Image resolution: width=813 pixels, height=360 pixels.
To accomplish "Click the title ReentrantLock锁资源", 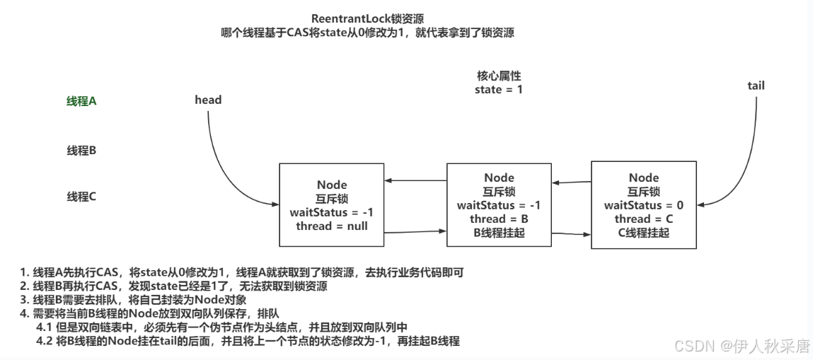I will [372, 18].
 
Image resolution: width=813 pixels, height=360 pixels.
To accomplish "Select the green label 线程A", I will [81, 101].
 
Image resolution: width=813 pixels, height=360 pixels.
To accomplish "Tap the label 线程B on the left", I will [81, 150].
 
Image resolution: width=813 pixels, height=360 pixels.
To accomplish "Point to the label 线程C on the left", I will [81, 197].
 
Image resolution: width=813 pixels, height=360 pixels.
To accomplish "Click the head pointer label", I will [208, 100].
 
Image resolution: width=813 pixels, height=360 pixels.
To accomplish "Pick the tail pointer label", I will [756, 86].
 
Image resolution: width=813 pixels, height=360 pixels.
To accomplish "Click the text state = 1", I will [499, 89].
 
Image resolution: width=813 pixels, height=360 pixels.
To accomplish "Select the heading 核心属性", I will [499, 76].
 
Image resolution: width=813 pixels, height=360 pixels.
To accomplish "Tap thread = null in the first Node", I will [332, 226].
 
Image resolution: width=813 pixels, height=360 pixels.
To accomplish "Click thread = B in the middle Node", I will [499, 219].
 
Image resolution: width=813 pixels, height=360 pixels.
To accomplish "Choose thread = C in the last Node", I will [643, 219].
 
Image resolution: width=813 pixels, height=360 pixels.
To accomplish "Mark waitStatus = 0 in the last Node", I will [643, 205].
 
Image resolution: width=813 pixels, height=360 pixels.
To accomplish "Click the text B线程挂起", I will [499, 232].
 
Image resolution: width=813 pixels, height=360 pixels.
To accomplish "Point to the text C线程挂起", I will [643, 232].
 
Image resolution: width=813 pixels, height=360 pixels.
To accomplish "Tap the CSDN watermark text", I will [741, 346].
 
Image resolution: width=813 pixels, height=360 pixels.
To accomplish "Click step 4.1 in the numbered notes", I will [223, 327].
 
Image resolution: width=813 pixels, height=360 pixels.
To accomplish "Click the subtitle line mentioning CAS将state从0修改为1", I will [372, 33].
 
